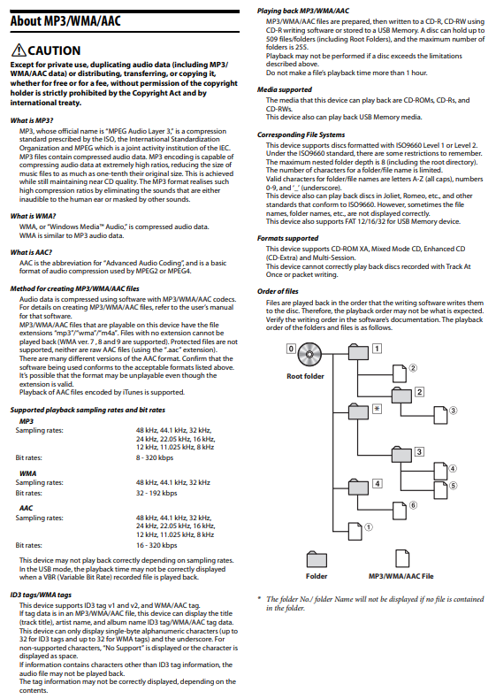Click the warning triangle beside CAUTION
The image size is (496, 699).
point(19,50)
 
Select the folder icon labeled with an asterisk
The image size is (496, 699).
point(358,411)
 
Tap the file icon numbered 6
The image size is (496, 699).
point(400,510)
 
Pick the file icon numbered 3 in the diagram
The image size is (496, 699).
point(440,415)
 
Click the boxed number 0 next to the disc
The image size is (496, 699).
point(291,349)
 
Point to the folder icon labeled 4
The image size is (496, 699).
point(358,487)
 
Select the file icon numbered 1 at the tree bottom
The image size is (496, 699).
point(355,532)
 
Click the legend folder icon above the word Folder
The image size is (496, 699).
point(317,559)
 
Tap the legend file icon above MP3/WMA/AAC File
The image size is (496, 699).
point(402,558)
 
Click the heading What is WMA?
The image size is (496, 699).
point(33,216)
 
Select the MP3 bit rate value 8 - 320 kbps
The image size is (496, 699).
point(155,457)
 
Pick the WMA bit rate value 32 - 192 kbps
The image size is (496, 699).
point(156,493)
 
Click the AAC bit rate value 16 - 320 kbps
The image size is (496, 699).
point(156,545)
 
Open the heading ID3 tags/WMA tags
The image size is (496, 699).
point(41,595)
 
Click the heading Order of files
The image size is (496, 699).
point(278,291)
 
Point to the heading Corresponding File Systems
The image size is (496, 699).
point(301,134)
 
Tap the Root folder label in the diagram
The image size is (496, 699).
point(305,376)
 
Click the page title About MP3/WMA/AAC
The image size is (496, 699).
point(65,21)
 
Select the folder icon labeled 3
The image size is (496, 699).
point(401,455)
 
